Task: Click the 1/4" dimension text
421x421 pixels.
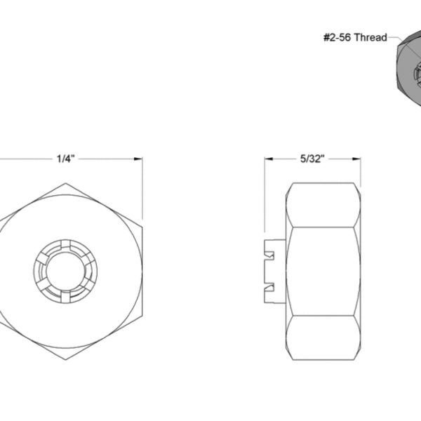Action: tap(65, 159)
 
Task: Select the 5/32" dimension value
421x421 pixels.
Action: tap(311, 159)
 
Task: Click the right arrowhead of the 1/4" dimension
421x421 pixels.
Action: tap(140, 159)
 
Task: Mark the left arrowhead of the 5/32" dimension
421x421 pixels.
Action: tap(267, 159)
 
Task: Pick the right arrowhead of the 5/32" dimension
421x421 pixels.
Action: tap(358, 159)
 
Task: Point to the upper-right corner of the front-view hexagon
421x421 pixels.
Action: tap(143, 227)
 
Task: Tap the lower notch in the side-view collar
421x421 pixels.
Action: tap(269, 288)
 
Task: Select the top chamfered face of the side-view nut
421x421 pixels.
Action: tap(323, 205)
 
